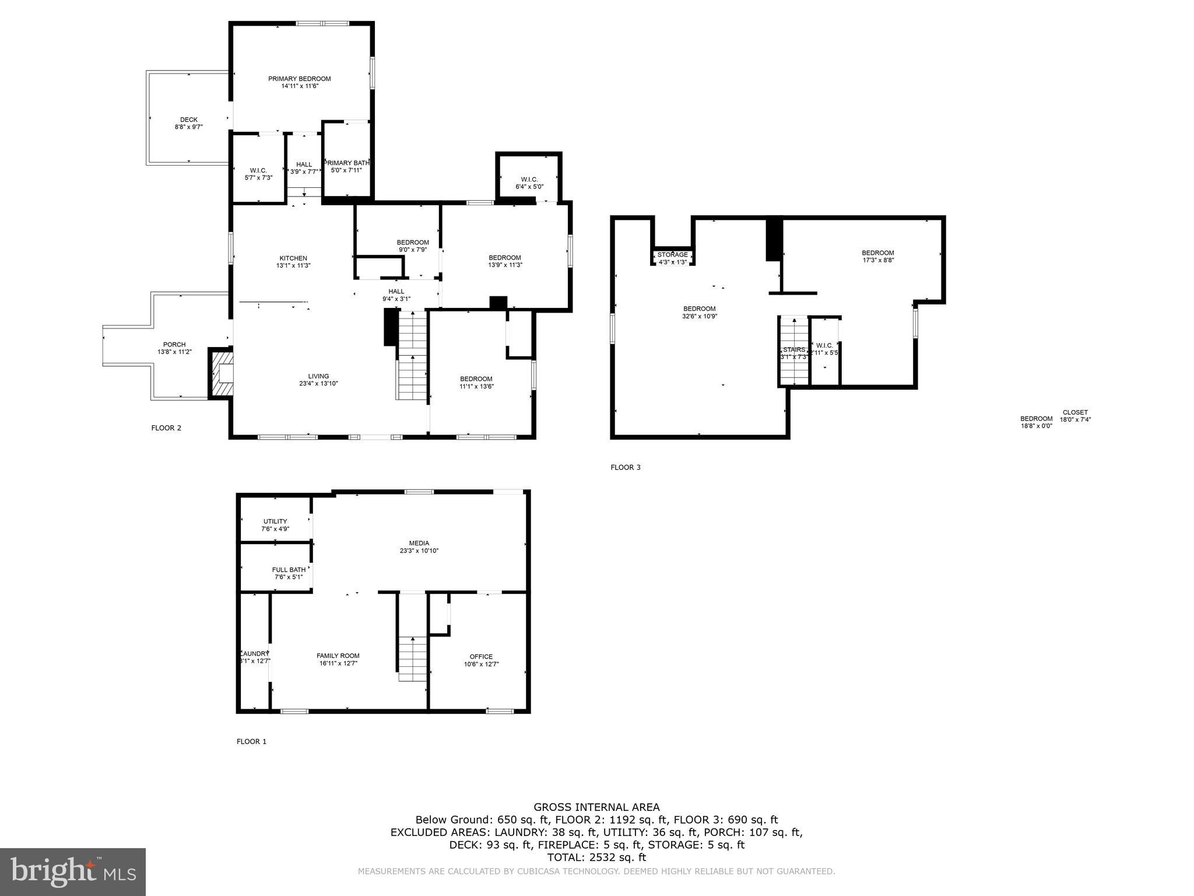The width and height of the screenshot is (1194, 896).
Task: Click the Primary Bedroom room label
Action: coord(299,79)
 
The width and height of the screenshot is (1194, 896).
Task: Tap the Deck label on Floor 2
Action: coord(188,120)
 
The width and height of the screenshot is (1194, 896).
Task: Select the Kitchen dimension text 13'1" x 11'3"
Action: coord(293,265)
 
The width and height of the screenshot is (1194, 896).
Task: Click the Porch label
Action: coord(174,345)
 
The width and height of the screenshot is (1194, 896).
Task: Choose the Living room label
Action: coord(318,376)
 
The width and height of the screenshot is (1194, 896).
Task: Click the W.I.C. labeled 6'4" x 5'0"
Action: coord(529,180)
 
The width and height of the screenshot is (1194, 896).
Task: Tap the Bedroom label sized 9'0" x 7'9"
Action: coord(413,243)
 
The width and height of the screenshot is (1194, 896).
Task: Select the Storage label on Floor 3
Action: coord(672,255)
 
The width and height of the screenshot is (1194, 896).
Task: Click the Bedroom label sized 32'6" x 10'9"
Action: coord(699,309)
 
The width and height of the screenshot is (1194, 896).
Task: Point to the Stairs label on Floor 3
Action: coord(793,350)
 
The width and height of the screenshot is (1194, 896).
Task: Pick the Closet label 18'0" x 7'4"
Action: coord(1074,412)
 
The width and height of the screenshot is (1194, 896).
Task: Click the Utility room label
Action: coord(275,521)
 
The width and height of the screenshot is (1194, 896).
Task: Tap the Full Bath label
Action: coord(289,570)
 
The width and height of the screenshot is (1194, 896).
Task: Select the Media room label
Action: coord(419,543)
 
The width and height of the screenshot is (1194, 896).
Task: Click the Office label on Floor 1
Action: coord(481,657)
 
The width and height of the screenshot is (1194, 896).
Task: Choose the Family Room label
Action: coord(338,656)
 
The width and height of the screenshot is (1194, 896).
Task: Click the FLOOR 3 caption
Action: coord(625,467)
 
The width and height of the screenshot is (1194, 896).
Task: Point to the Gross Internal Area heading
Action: coord(596,807)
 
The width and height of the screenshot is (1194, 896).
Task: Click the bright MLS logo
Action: coord(73,871)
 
